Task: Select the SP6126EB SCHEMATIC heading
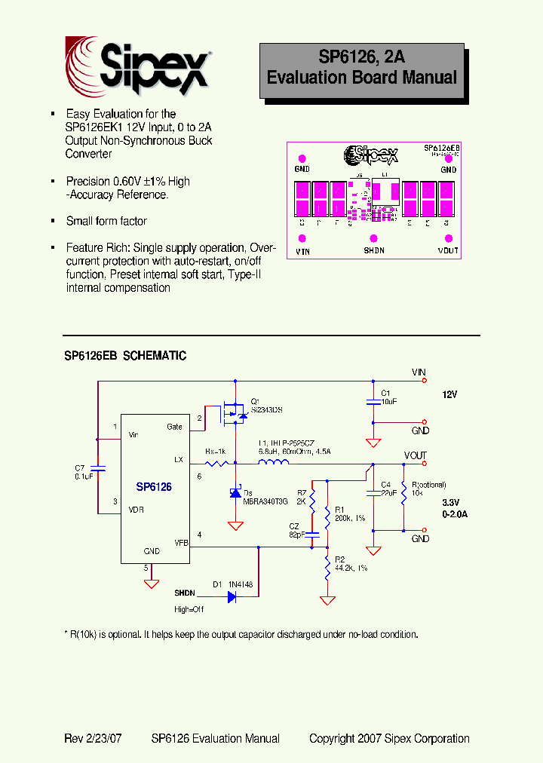click(125, 355)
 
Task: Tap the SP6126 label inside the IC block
click(154, 487)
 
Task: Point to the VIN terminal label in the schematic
click(419, 372)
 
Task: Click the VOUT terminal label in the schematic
click(416, 455)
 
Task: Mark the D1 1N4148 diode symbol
click(232, 596)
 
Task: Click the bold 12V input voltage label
click(449, 394)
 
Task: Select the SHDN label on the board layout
click(374, 250)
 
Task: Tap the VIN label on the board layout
click(302, 250)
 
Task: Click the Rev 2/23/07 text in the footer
click(94, 739)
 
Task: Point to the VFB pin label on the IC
click(181, 541)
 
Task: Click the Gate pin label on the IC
click(174, 427)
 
